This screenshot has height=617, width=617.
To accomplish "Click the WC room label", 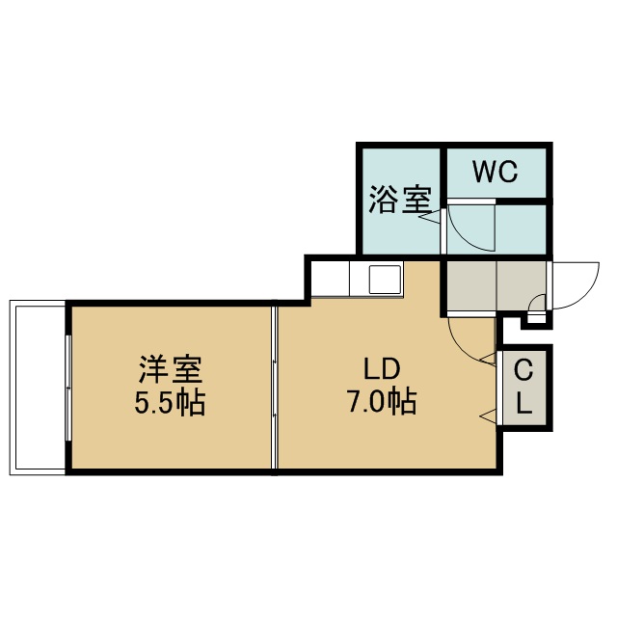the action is [x=495, y=172].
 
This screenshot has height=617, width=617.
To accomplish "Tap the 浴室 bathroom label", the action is [x=400, y=200].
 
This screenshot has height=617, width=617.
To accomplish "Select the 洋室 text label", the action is [x=171, y=369].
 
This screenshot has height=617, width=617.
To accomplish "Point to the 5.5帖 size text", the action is [x=170, y=402].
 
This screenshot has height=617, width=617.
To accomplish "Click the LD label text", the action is [x=382, y=369].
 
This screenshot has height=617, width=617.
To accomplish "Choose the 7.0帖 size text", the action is [x=382, y=401].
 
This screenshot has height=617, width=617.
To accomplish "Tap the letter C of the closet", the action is [x=523, y=370].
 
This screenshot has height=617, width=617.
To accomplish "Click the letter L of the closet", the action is [x=523, y=403].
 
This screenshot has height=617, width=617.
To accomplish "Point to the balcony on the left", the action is [x=37, y=388].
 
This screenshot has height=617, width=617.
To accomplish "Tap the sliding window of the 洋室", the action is [x=68, y=388].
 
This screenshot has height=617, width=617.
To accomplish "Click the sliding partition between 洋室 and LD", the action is [x=274, y=388].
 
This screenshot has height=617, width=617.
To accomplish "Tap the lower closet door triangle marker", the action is [x=489, y=416].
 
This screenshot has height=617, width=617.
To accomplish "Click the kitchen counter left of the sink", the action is [x=330, y=279].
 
